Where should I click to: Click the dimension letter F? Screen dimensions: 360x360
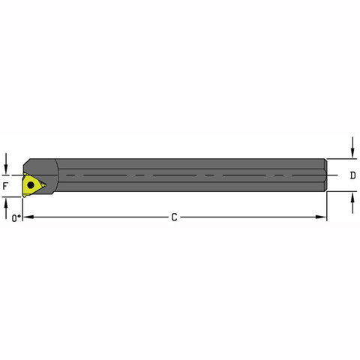(5, 184)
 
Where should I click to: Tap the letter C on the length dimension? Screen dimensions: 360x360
(174, 217)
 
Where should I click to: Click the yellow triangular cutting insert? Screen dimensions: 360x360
(33, 183)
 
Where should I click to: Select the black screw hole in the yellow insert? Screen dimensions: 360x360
(31, 182)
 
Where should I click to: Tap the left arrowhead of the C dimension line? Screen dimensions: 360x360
(28, 217)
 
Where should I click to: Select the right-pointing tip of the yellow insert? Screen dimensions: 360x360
(44, 182)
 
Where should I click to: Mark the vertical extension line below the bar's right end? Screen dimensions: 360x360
(328, 206)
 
